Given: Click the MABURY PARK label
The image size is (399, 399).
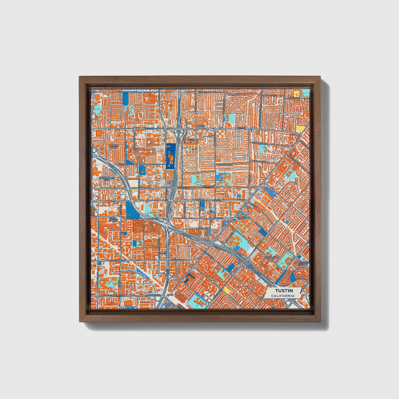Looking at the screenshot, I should point(113,146).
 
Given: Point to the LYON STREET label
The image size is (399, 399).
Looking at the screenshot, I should point(113,220).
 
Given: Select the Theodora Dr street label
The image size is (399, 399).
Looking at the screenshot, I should point(224,164).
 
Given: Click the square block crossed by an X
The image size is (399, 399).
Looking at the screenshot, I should point(153,228).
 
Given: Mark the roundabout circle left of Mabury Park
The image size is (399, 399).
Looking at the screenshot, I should point(95,151).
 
